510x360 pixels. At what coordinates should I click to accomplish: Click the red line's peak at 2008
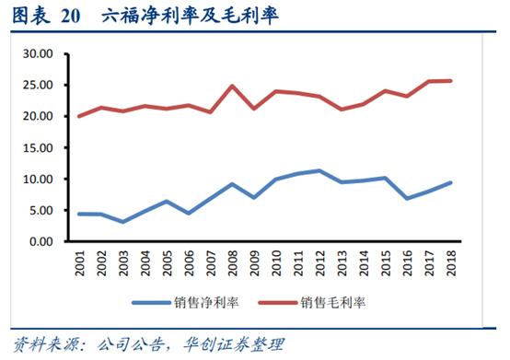point(233,87)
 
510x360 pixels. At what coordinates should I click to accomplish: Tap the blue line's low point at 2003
point(122,222)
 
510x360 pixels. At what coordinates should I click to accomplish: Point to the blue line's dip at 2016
point(405,198)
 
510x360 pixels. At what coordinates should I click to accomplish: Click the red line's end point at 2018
point(450,81)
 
